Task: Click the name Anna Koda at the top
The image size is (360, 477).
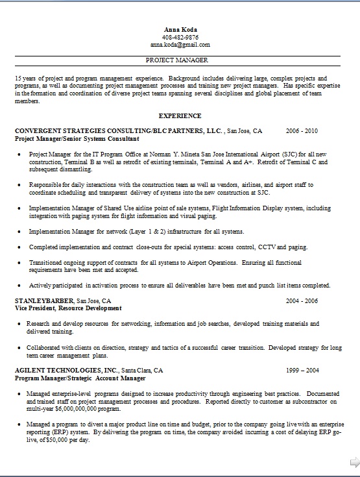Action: click(181, 29)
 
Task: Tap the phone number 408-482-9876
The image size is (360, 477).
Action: click(181, 37)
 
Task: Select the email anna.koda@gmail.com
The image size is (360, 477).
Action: click(180, 45)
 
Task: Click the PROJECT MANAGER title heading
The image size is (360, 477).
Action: click(177, 60)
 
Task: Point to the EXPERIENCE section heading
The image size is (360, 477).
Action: click(180, 116)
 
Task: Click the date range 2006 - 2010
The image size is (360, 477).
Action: click(302, 130)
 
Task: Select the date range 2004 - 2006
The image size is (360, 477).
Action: click(302, 301)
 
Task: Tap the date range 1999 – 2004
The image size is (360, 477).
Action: click(302, 370)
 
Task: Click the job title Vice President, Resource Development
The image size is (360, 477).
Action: click(67, 308)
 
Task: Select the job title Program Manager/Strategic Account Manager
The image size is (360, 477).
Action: click(80, 377)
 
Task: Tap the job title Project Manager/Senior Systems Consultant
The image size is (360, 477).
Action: click(77, 138)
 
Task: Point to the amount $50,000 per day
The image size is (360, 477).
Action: click(66, 440)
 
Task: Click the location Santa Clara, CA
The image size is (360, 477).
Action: click(142, 370)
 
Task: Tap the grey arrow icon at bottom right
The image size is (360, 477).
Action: click(354, 462)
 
